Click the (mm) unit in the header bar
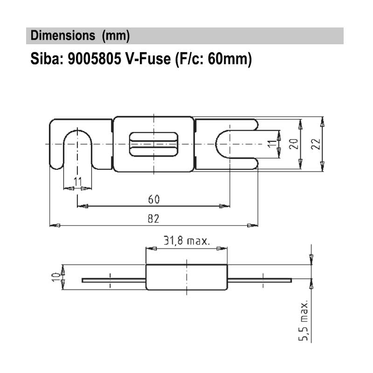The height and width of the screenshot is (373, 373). coord(115,35)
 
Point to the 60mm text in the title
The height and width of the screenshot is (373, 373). coord(229,59)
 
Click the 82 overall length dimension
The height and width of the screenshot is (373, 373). coord(153,219)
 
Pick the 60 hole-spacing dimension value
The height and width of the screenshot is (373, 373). coord(154,199)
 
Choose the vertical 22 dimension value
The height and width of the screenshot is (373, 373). coord(315,144)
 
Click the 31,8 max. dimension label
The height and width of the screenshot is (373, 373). coord(186,241)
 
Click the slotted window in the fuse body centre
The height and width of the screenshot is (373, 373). coord(153,144)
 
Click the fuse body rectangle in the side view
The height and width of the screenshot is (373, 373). coord(187,277)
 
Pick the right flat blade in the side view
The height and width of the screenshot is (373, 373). coord(260,280)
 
